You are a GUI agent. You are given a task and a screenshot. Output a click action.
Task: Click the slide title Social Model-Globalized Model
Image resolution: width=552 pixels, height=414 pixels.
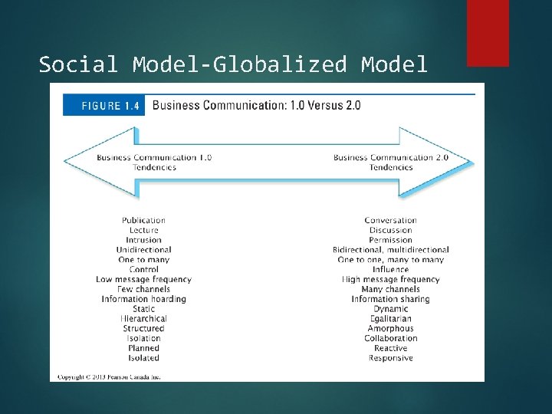pos(233,64)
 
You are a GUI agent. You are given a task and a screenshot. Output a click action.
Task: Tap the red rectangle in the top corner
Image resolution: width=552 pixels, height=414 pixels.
pos(488,32)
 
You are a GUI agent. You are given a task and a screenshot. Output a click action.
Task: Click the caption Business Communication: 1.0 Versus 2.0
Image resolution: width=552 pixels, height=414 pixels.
pos(256,105)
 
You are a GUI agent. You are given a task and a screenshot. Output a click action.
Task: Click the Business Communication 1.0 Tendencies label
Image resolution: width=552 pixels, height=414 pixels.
pos(154,163)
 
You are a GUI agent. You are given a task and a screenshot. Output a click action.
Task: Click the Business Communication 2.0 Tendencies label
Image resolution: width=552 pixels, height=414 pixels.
pos(390,163)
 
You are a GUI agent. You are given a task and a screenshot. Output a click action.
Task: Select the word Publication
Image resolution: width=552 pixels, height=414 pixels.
pos(143,221)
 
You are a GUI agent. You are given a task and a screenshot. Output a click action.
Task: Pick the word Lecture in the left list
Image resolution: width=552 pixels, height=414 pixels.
pos(143,230)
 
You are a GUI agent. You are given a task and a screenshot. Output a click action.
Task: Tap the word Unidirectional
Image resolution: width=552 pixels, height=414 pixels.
pos(143,250)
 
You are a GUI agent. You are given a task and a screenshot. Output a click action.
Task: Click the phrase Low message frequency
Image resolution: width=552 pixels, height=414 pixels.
pos(143,280)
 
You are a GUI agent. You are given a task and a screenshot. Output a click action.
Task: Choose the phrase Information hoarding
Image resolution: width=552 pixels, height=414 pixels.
pos(143,299)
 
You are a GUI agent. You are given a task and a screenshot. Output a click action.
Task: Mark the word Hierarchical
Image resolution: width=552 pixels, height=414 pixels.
pos(143,319)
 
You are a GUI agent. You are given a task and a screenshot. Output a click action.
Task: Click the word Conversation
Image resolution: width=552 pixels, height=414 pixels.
pos(390,221)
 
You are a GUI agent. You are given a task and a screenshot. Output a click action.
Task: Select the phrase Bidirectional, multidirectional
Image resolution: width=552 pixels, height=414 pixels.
pos(390,250)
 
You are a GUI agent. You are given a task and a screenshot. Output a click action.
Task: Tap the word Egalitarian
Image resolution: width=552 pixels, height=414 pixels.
pos(390,319)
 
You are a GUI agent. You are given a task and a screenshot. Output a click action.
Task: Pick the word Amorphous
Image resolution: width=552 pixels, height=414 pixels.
pos(390,329)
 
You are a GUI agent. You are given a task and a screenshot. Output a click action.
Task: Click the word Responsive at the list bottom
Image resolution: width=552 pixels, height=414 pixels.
pos(390,358)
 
